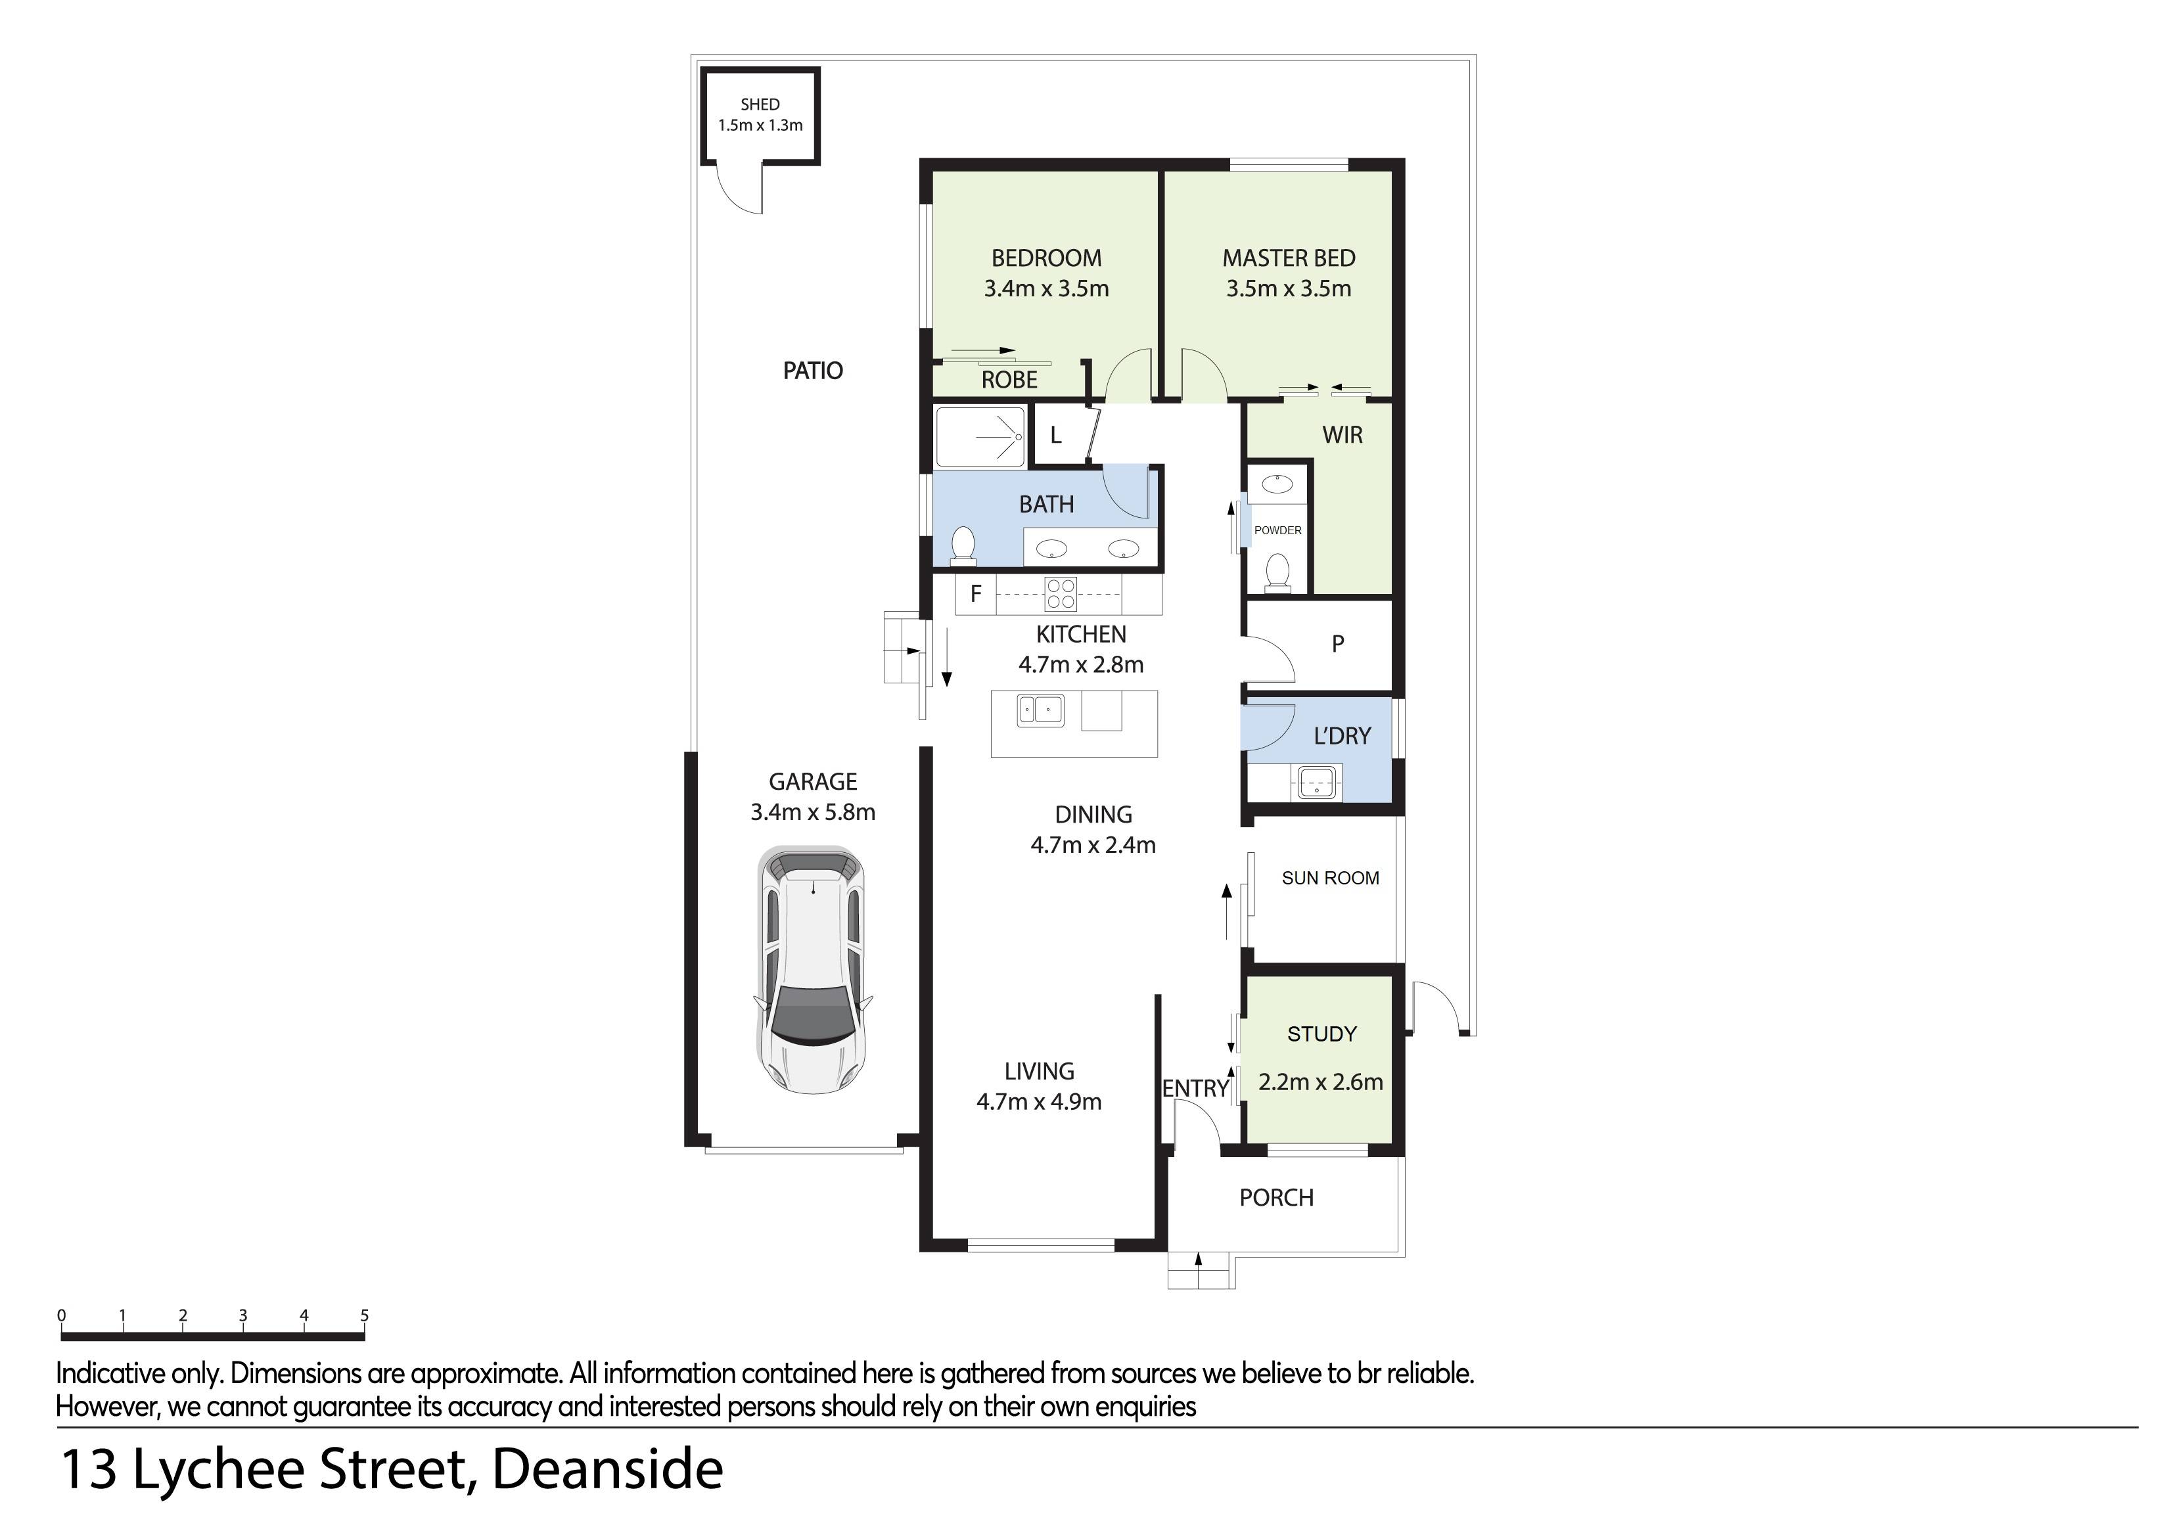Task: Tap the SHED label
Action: [x=760, y=104]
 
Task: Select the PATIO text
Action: [x=812, y=371]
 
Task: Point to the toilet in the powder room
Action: [x=1277, y=574]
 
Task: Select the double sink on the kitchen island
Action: [x=1040, y=710]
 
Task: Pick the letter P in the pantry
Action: [x=1337, y=644]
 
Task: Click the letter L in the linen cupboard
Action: [x=1055, y=436]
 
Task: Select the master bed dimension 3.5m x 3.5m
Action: [x=1288, y=288]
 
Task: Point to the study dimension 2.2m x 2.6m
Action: [x=1320, y=1082]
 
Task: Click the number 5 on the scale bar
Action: [x=364, y=1315]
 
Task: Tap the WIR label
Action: [x=1343, y=435]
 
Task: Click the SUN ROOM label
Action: [x=1330, y=878]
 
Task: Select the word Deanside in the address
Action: [x=607, y=1469]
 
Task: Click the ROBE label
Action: [x=1009, y=380]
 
